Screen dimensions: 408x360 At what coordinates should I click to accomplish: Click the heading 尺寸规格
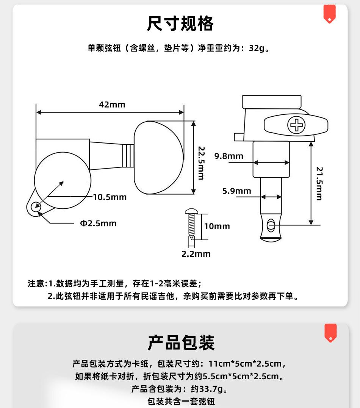pos(180,24)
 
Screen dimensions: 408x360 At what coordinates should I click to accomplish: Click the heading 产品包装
pos(181,342)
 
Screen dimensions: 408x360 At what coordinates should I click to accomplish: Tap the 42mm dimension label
pos(112,105)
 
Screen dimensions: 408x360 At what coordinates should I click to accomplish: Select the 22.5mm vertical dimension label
pos(201,164)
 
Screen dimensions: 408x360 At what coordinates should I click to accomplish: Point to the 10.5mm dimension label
pos(110,197)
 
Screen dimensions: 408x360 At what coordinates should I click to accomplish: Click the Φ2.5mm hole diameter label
pos(98,224)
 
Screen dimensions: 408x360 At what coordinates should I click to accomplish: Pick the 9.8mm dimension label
pos(229,156)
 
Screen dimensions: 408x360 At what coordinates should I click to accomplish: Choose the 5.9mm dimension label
pos(236,191)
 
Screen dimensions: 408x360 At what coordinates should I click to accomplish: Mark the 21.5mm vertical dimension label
pos(319,183)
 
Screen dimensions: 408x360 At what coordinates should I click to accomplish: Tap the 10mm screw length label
pos(217,227)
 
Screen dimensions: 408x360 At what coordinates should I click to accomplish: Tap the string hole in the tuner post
pos(270,225)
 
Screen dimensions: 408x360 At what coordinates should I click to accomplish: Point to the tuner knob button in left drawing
pos(159,158)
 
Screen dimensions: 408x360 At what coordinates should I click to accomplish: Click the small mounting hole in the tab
pos(36,206)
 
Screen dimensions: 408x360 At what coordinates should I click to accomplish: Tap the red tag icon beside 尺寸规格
pos(329,14)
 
